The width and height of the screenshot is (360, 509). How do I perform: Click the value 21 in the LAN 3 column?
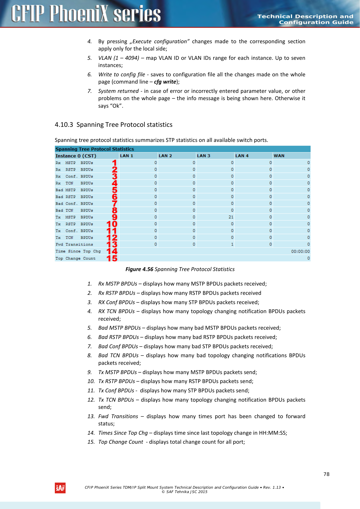click(x=231, y=217)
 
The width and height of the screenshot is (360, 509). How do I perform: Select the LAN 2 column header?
click(x=165, y=156)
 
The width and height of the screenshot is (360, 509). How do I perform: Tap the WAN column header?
click(x=279, y=156)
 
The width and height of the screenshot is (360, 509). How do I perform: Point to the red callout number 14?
click(x=112, y=251)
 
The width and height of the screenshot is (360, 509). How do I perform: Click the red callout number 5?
click(x=115, y=190)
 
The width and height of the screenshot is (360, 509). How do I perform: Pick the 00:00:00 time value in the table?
click(x=300, y=251)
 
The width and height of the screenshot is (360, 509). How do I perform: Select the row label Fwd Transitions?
click(x=74, y=244)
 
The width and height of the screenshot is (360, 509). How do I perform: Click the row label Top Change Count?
click(x=75, y=258)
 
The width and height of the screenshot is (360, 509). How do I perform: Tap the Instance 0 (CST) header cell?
click(x=76, y=156)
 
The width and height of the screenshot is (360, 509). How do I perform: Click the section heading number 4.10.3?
click(x=64, y=125)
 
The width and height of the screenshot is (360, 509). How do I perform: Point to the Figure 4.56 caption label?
click(x=139, y=269)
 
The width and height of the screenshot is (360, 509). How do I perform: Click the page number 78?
click(x=326, y=474)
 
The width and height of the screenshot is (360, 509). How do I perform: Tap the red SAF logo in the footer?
click(x=60, y=488)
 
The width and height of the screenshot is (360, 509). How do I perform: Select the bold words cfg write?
click(x=165, y=82)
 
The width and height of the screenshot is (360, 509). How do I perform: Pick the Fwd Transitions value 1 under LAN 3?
click(x=232, y=244)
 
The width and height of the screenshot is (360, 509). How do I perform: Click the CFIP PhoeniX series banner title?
click(x=86, y=14)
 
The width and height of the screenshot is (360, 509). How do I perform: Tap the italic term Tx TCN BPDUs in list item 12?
click(x=116, y=400)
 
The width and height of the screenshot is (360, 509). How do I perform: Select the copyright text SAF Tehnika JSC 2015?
click(x=184, y=492)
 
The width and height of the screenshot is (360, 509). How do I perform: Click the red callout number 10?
click(x=112, y=224)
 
